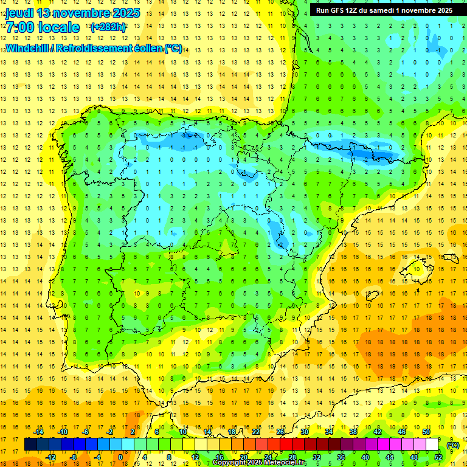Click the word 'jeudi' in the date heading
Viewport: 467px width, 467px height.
click(x=19, y=13)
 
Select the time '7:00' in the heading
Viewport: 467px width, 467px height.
click(x=19, y=27)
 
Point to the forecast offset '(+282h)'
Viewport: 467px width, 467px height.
click(x=108, y=27)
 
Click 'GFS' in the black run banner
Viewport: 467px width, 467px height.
click(x=338, y=10)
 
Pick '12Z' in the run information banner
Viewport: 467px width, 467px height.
click(x=356, y=10)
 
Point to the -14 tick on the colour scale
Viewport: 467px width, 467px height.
click(x=38, y=432)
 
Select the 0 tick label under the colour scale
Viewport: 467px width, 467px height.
click(x=120, y=457)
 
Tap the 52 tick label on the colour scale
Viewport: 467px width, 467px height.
click(x=438, y=457)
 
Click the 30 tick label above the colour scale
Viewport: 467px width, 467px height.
click(x=304, y=432)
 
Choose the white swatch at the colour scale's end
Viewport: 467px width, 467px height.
click(x=432, y=445)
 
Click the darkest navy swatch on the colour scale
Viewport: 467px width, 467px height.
click(x=30, y=445)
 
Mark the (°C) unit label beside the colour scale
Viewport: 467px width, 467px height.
click(x=452, y=445)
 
